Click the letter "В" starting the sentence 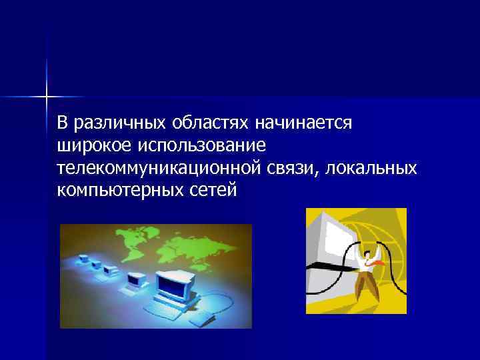tap(62, 123)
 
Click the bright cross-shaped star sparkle tap(47, 97)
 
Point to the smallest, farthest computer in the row tap(85, 255)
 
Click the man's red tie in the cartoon tap(377, 262)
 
